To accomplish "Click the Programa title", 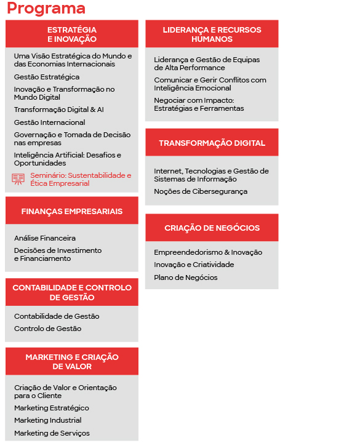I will click(46, 9).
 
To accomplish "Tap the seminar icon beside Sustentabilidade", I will click(18, 179).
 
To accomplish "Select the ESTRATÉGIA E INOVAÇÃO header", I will click(72, 34).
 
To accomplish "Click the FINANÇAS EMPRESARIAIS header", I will click(72, 211).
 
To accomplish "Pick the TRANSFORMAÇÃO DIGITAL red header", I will click(212, 143).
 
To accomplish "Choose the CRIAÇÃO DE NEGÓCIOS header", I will click(212, 228).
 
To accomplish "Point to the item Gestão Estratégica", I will click(47, 77).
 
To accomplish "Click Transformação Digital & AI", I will click(59, 110).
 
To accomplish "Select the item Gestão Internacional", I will click(50, 122).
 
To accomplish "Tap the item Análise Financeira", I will click(45, 238).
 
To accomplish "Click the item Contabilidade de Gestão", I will click(57, 316).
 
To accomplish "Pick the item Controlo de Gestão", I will click(48, 329).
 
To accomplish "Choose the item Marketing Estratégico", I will click(52, 408).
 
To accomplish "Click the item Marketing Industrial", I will click(48, 420).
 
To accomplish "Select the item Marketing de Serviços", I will click(52, 433).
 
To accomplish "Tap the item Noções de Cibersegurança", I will click(201, 191).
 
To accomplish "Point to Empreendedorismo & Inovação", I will click(208, 252).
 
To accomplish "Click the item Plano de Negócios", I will click(186, 277).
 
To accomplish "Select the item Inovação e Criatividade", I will click(194, 265).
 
